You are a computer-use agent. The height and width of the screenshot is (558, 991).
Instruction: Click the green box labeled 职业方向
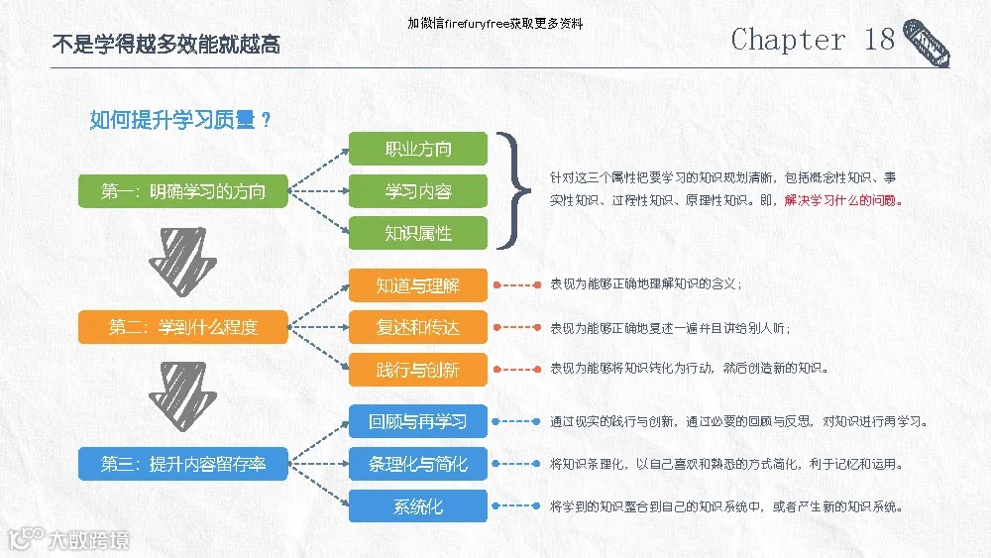point(418,149)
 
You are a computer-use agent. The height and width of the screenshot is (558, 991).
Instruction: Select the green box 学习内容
point(418,191)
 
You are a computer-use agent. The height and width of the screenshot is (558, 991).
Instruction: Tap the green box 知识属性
point(418,233)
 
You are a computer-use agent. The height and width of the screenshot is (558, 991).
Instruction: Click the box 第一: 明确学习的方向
point(183,191)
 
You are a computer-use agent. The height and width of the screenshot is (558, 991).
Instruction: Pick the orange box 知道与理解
point(418,285)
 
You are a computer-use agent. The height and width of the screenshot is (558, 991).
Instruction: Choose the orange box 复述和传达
point(418,327)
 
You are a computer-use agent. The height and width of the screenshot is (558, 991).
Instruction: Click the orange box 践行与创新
point(418,370)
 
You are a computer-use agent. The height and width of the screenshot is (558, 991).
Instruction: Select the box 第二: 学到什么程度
point(183,327)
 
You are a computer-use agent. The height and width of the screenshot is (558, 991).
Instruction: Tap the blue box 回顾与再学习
point(418,421)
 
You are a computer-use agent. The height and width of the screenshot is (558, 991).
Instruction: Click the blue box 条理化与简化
point(418,463)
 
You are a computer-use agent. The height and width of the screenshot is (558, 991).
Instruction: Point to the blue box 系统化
point(418,505)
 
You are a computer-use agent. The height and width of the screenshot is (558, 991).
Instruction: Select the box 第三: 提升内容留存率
point(183,463)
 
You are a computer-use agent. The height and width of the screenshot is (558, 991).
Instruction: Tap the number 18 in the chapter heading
point(879,40)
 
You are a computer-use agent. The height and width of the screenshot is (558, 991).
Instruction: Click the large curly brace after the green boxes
point(511,190)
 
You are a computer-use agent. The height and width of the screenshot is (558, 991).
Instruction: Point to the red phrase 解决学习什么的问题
point(843,200)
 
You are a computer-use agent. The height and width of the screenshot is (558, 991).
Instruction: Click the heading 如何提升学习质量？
point(181,120)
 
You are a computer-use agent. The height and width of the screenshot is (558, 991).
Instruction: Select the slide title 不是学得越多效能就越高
point(165,45)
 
